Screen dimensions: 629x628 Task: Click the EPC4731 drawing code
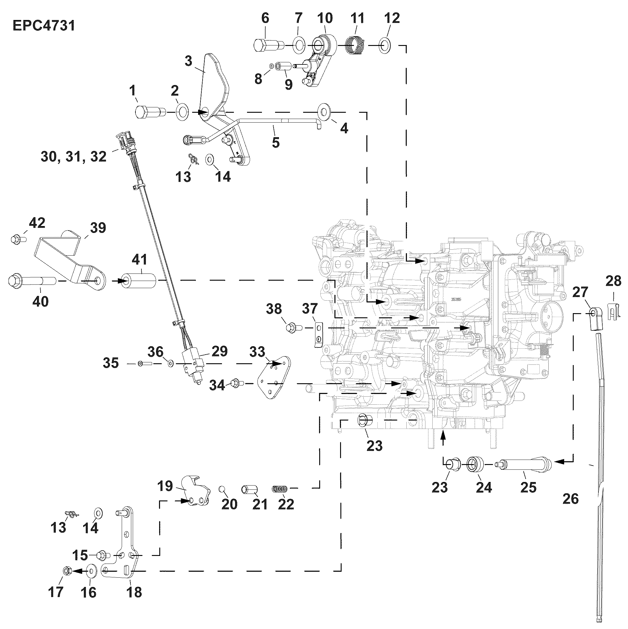click(x=44, y=25)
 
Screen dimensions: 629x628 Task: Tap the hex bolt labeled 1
click(x=146, y=112)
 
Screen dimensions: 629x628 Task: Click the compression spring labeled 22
click(x=280, y=489)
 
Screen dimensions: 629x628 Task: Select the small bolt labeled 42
click(x=18, y=239)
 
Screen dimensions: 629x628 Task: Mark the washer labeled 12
click(x=385, y=46)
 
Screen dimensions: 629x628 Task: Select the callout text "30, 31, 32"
click(x=74, y=157)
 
